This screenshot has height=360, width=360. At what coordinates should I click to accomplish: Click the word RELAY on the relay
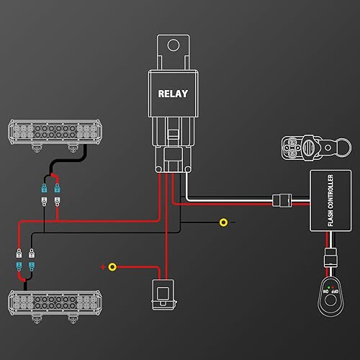(174, 94)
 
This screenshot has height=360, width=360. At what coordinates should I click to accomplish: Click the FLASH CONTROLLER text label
(330, 201)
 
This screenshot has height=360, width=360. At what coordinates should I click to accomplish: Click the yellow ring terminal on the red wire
(112, 266)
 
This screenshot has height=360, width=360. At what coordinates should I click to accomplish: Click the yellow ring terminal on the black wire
(224, 222)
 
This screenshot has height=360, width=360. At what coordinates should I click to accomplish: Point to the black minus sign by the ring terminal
(215, 222)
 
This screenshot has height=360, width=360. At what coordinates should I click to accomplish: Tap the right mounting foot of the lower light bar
(71, 318)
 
